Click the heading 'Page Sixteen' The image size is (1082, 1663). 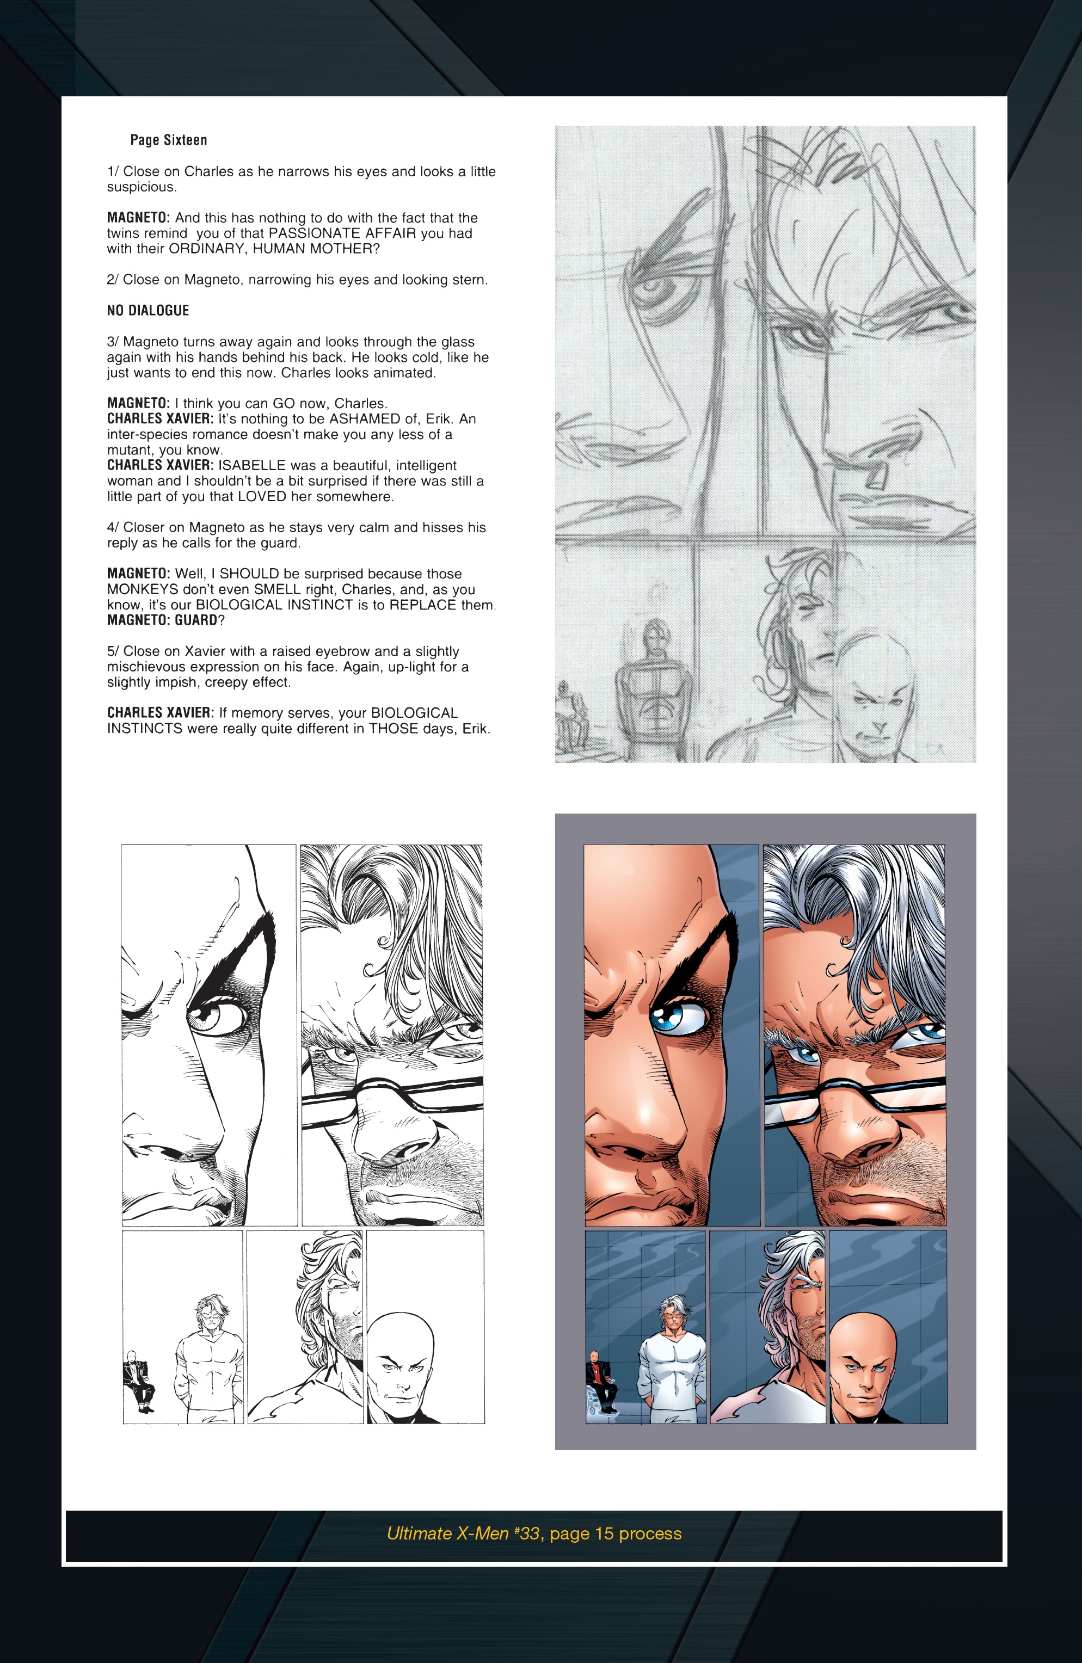[x=169, y=140]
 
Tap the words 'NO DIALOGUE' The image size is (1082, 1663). [x=147, y=310]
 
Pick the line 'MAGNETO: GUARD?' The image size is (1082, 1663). [x=165, y=620]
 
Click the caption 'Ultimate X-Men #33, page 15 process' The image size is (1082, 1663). [x=534, y=1533]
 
